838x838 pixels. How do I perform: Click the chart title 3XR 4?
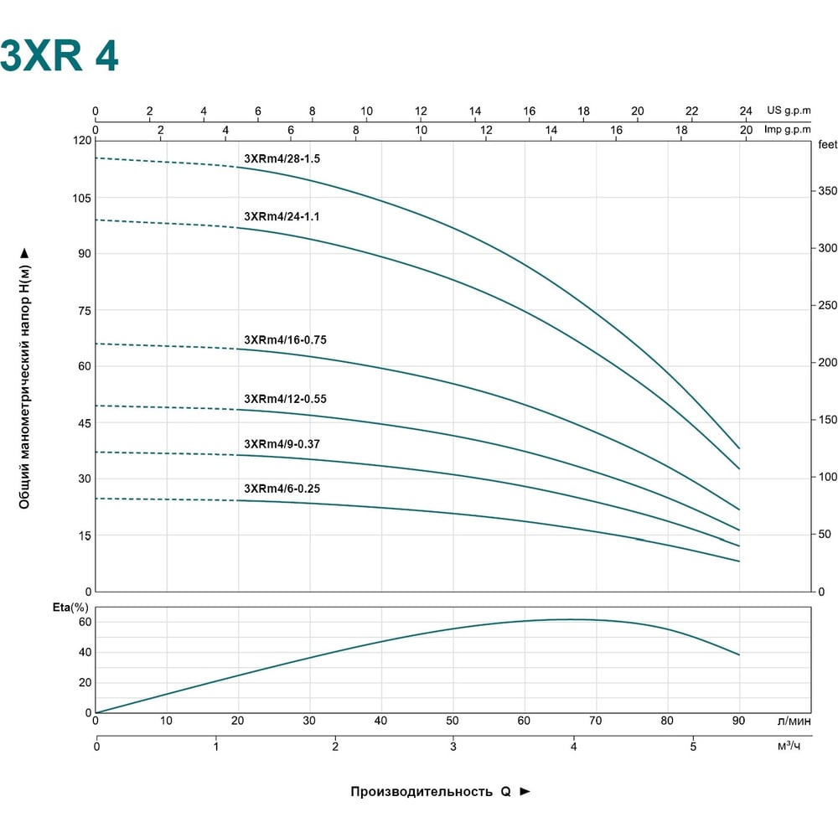pos(59,55)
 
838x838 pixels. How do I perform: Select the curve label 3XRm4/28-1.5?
pos(282,158)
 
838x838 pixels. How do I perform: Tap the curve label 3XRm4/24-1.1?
pos(282,216)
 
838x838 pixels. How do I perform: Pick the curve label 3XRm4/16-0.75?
pos(286,340)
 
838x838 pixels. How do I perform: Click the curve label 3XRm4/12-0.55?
pos(286,399)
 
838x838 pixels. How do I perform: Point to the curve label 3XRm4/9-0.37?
pos(282,444)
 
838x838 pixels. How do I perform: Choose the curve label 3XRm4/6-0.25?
pos(282,489)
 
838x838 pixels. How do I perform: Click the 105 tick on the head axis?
pos(82,199)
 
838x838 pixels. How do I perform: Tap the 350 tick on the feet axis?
pos(828,191)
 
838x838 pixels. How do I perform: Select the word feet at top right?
pos(828,144)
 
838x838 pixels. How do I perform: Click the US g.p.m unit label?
pos(789,111)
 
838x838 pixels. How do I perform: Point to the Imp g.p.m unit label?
pos(787,130)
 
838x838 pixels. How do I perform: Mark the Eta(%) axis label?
pos(70,608)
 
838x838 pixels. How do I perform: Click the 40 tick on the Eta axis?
pos(85,653)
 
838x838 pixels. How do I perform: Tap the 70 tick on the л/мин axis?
pos(595,721)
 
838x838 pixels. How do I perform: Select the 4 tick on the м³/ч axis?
pos(573,747)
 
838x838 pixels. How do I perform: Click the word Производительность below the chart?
pos(422,792)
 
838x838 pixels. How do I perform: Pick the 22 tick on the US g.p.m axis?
pos(691,111)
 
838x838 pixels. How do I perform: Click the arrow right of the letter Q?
pos(525,792)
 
